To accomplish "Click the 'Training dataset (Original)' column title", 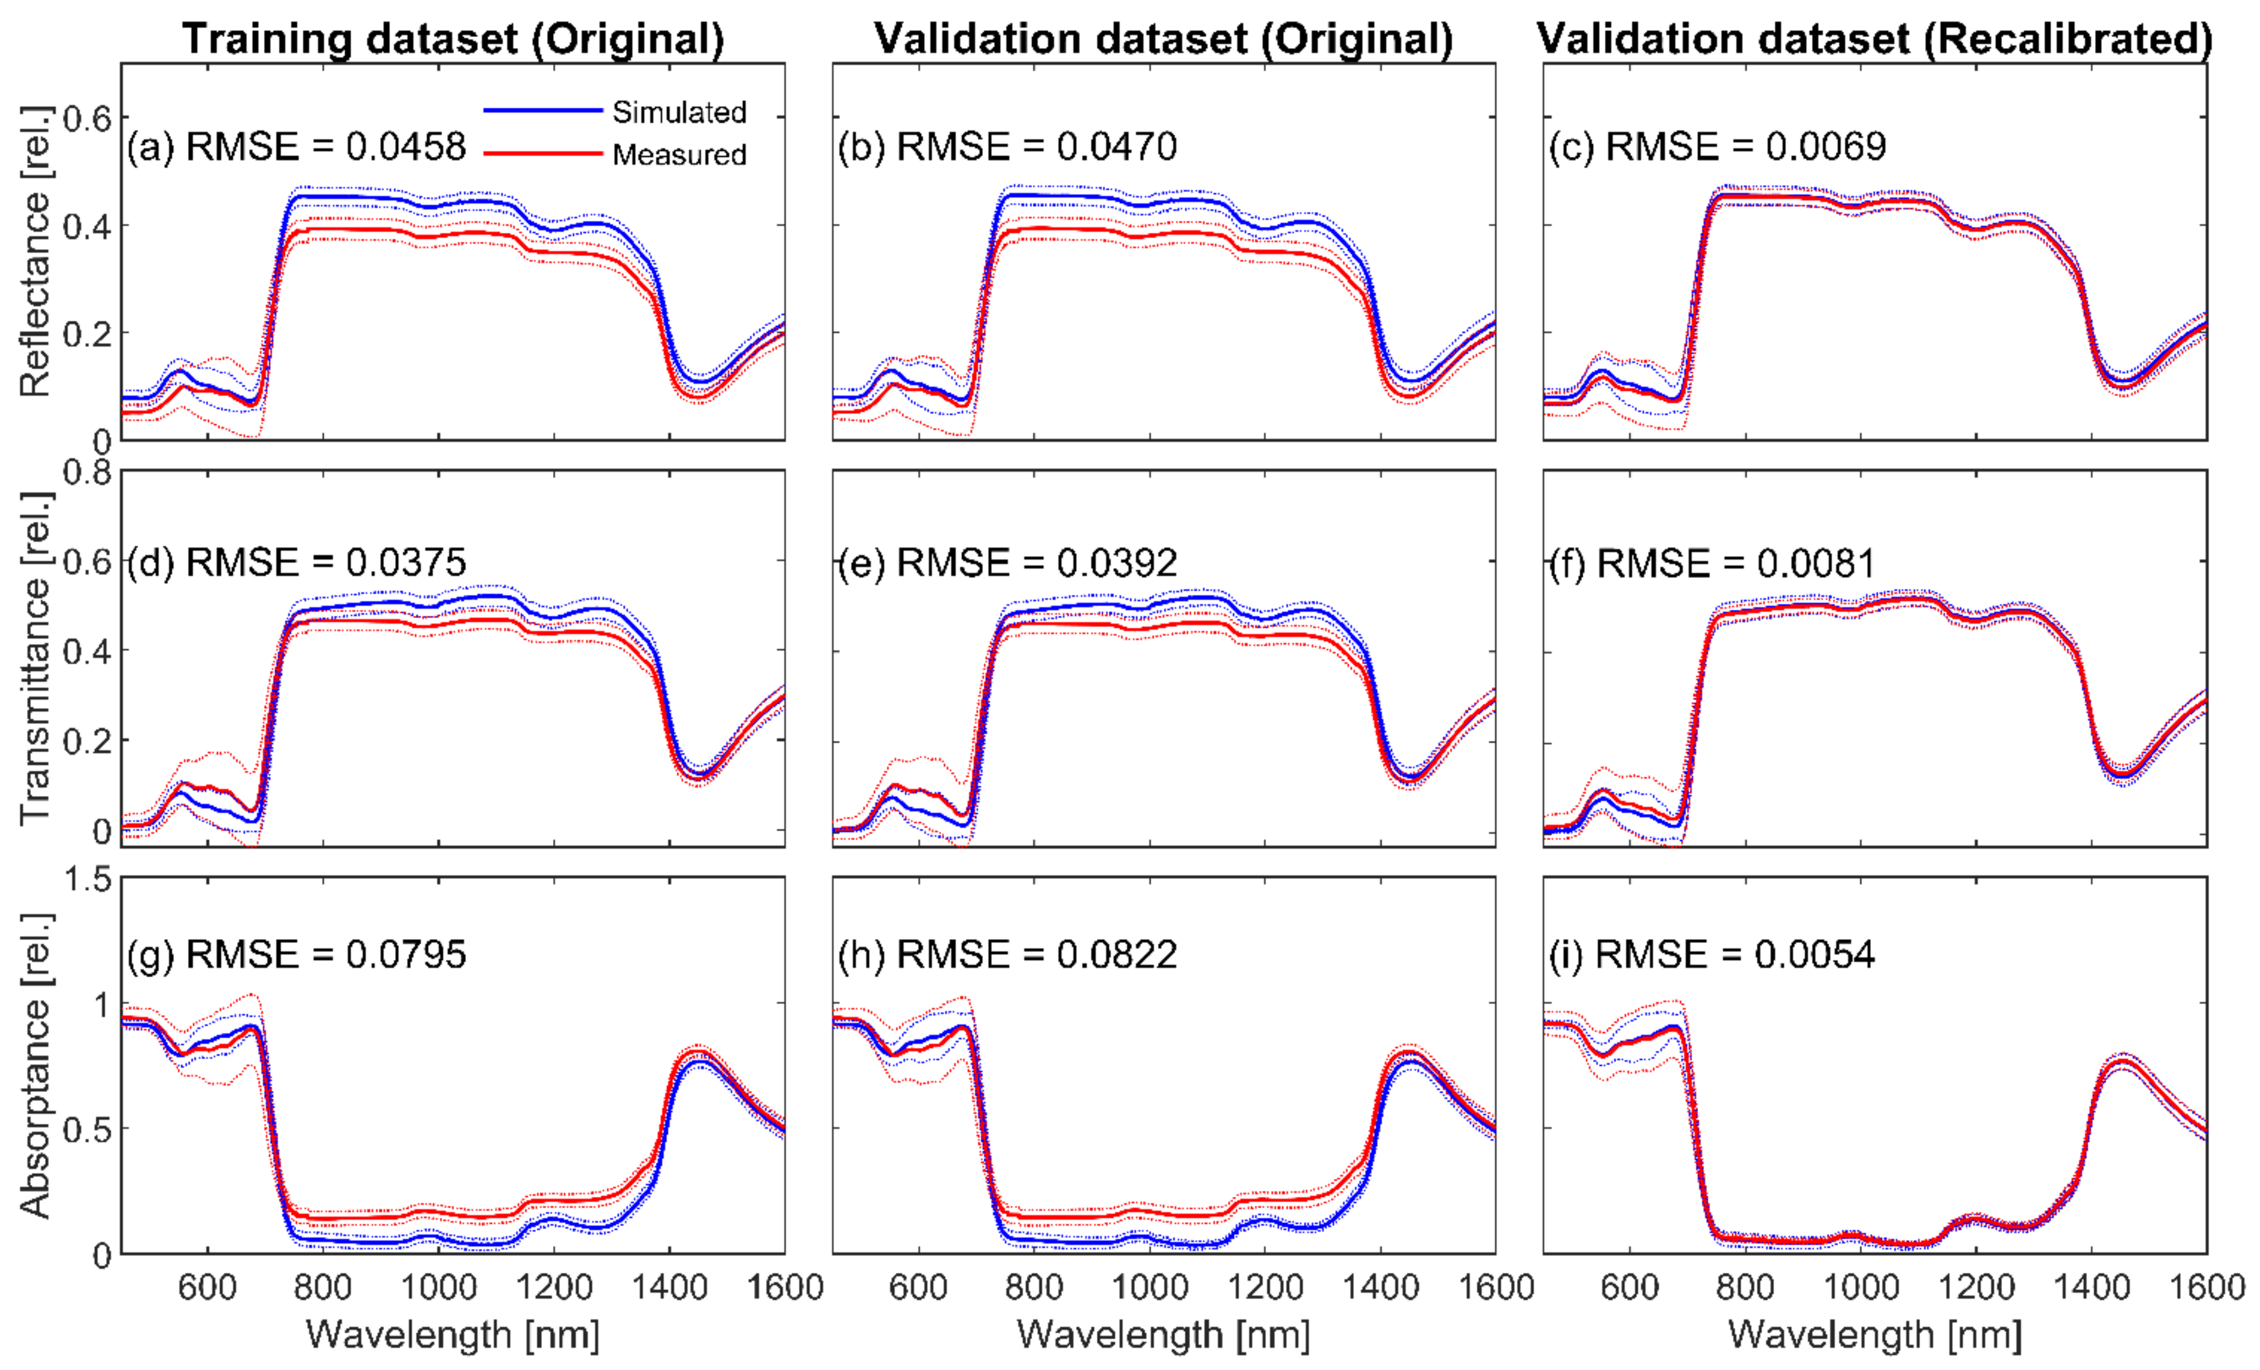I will pyautogui.click(x=453, y=39).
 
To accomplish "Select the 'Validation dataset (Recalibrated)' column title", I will pyautogui.click(x=1874, y=39).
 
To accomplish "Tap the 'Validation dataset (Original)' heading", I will pyautogui.click(x=1163, y=39).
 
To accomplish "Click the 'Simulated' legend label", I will pyautogui.click(x=679, y=112).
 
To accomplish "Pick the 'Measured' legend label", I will pyautogui.click(x=679, y=154).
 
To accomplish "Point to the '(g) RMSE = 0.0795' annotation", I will pyautogui.click(x=296, y=955).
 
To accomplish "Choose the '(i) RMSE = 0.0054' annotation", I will pyautogui.click(x=1711, y=955).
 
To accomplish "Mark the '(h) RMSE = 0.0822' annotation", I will pyautogui.click(x=1007, y=955).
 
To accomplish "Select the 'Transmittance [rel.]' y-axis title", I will pyautogui.click(x=35, y=658).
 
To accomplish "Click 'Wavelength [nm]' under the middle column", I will pyautogui.click(x=1163, y=1334).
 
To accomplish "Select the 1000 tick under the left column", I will pyautogui.click(x=438, y=1288).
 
